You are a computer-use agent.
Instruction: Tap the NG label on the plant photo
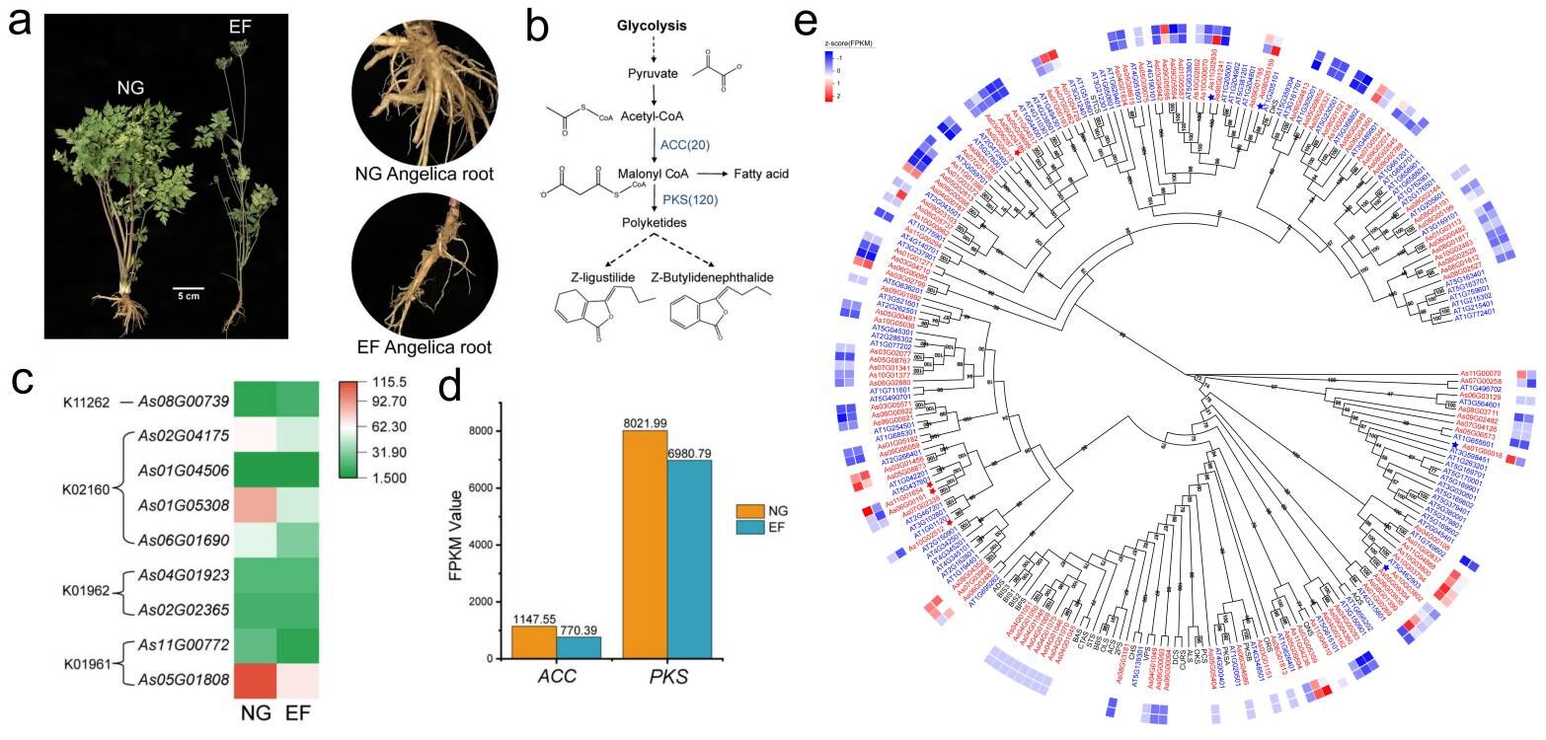point(127,88)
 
